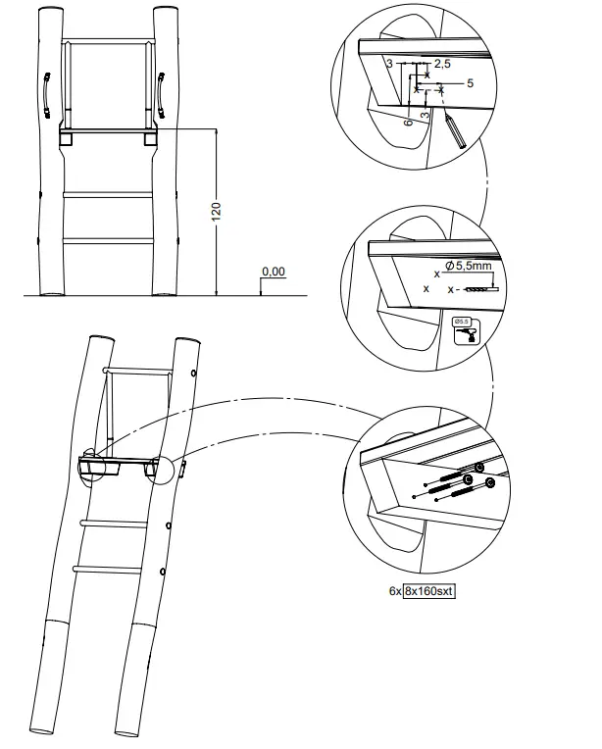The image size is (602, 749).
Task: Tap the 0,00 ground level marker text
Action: click(274, 271)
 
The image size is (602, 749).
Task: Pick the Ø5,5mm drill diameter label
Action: click(469, 266)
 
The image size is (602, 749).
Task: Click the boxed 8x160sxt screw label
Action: click(432, 590)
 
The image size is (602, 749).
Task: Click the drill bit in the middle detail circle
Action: click(479, 289)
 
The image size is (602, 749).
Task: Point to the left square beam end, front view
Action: click(66, 138)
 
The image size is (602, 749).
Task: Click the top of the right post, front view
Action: click(164, 12)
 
